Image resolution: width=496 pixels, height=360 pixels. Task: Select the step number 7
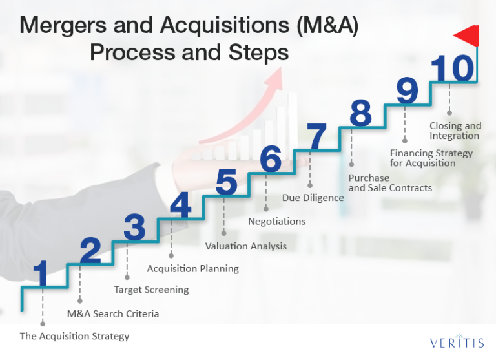click(x=317, y=137)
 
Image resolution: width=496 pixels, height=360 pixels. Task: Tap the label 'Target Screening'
click(x=151, y=290)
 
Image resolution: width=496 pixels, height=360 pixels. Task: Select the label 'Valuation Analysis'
click(x=245, y=246)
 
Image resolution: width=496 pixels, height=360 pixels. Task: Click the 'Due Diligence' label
click(x=313, y=198)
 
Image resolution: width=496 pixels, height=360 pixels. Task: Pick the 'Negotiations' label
click(x=276, y=222)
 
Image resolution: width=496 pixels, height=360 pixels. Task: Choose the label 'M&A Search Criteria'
click(x=112, y=314)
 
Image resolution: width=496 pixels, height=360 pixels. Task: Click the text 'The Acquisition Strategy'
click(x=74, y=336)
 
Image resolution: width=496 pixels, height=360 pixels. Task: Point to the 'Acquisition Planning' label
click(x=192, y=268)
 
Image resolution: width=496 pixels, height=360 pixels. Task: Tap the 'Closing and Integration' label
click(x=455, y=131)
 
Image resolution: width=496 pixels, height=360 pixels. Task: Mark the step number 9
click(x=407, y=90)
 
